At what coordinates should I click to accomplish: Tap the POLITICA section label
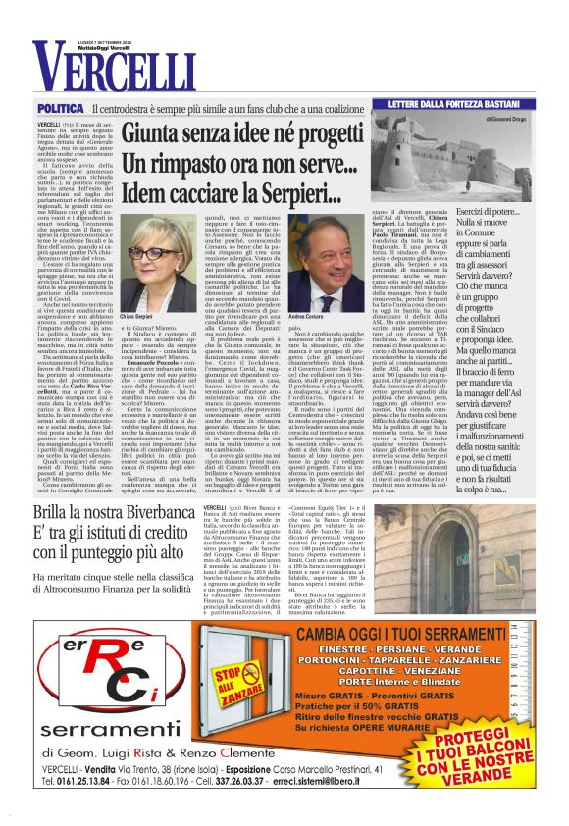(x=60, y=107)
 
